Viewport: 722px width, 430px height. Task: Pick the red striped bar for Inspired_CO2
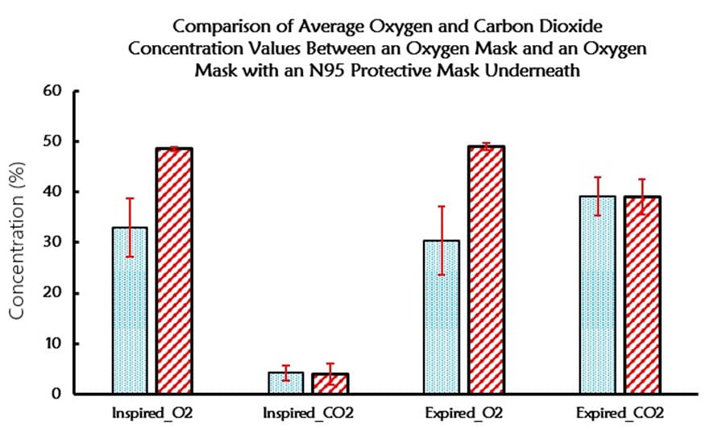point(330,384)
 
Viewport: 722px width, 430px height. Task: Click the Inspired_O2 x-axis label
point(152,414)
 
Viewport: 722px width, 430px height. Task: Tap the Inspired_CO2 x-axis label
point(308,414)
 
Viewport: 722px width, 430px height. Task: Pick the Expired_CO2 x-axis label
point(620,414)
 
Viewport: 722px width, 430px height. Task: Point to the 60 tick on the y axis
point(53,90)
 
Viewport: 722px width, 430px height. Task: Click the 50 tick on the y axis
point(53,141)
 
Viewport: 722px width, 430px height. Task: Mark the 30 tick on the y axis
point(53,242)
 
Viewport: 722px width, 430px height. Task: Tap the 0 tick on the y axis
point(57,395)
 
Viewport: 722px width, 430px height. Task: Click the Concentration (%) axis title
point(18,242)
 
